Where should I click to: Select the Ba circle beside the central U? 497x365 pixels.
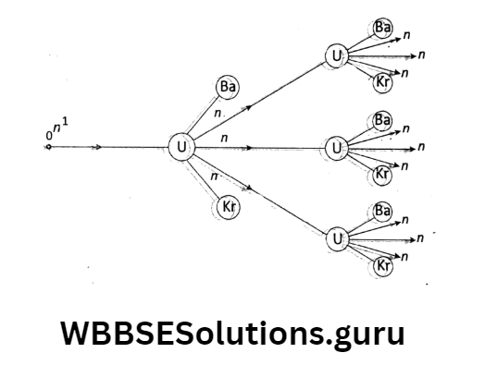click(228, 88)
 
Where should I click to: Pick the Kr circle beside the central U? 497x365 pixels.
click(228, 207)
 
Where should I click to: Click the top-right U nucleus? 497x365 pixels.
click(336, 57)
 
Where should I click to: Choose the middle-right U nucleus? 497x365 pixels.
click(336, 148)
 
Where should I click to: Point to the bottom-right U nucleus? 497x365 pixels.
click(336, 238)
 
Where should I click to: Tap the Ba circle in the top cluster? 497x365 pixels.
click(382, 28)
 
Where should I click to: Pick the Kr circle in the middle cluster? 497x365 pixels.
click(382, 175)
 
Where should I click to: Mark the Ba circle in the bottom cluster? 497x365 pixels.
click(382, 212)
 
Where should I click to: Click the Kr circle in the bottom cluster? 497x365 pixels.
click(382, 267)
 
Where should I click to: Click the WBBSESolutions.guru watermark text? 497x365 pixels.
click(232, 333)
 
